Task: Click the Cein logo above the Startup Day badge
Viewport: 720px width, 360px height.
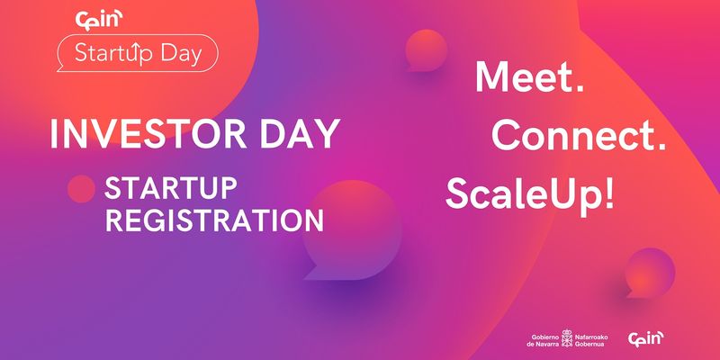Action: coord(99,20)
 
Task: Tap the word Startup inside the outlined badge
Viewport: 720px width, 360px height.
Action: coord(113,53)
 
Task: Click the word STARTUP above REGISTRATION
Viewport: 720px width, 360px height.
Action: coord(170,188)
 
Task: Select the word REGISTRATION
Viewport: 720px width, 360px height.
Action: coord(214,220)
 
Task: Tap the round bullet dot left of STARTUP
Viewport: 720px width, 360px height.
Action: coord(81,189)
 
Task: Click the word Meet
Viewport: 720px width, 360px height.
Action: coord(529,76)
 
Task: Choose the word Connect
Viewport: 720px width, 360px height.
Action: coord(579,136)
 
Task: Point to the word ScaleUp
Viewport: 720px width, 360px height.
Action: coord(523,194)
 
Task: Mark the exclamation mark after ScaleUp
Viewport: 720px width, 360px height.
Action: coord(607,193)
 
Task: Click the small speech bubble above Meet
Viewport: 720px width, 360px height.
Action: coord(426,51)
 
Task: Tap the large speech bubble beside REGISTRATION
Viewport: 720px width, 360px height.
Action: coord(351,229)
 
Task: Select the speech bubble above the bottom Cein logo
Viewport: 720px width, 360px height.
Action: coord(650,273)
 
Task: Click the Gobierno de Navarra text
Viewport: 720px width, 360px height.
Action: coord(545,340)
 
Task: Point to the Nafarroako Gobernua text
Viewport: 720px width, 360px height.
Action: coord(591,340)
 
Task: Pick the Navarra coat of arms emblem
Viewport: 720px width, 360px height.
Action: coord(568,338)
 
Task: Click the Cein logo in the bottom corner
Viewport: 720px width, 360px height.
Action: coord(645,339)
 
